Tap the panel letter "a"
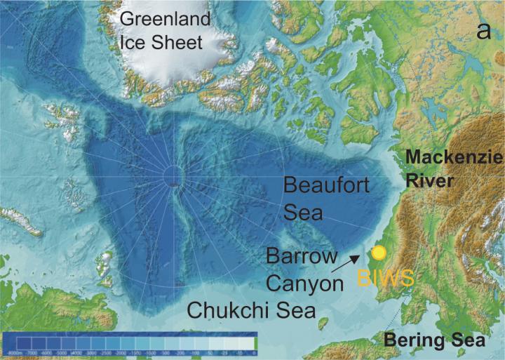483,30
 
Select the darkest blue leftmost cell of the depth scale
15,340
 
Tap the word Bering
409,341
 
